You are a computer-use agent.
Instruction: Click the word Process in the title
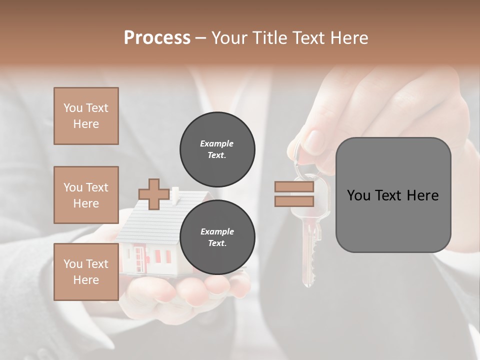pos(157,38)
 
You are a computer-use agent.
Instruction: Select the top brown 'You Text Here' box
pos(86,116)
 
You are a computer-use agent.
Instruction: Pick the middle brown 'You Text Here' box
pos(86,195)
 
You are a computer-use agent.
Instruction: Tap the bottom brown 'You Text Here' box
pos(86,272)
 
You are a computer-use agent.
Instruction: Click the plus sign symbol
pos(153,194)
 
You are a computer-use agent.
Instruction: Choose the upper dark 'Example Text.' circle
pos(217,149)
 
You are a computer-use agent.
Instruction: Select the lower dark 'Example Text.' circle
pos(217,237)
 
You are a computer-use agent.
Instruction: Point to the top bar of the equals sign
pos(294,187)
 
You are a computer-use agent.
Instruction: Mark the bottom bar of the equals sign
pos(294,201)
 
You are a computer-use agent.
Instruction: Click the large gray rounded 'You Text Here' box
pos(393,195)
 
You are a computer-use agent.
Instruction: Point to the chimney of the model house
pos(175,196)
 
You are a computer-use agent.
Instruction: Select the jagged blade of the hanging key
pos(313,255)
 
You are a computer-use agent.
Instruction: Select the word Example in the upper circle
pos(217,143)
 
